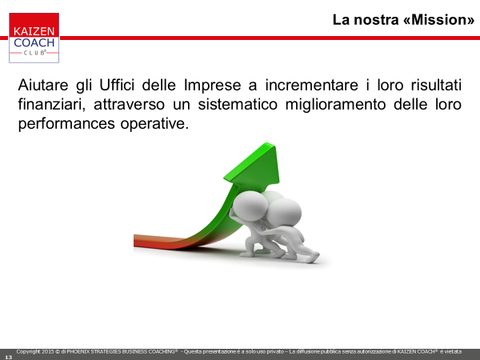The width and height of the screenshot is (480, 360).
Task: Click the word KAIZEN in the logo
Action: pyautogui.click(x=34, y=31)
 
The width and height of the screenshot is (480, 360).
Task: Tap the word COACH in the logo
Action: pyautogui.click(x=34, y=42)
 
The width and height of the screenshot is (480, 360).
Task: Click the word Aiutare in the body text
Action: pyautogui.click(x=43, y=85)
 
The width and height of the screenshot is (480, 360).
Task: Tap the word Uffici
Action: pyautogui.click(x=117, y=85)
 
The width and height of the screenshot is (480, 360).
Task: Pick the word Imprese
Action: pyautogui.click(x=213, y=85)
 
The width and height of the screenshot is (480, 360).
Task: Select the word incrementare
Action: pyautogui.click(x=311, y=85)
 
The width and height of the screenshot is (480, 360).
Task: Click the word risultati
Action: pyautogui.click(x=436, y=85)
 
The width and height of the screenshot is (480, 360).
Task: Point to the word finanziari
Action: pyautogui.click(x=51, y=104)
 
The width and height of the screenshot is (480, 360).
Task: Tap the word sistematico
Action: pyautogui.click(x=238, y=104)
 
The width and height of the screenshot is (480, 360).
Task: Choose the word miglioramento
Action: pyautogui.click(x=335, y=105)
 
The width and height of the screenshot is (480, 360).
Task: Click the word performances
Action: pyautogui.click(x=66, y=124)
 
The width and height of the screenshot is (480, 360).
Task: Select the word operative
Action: pyautogui.click(x=154, y=124)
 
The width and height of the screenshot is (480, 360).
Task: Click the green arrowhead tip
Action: pyautogui.click(x=267, y=143)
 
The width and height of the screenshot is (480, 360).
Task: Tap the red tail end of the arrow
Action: pyautogui.click(x=134, y=241)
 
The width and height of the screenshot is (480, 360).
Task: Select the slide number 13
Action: pyautogui.click(x=8, y=357)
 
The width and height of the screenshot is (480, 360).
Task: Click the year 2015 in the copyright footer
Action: pyautogui.click(x=47, y=352)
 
